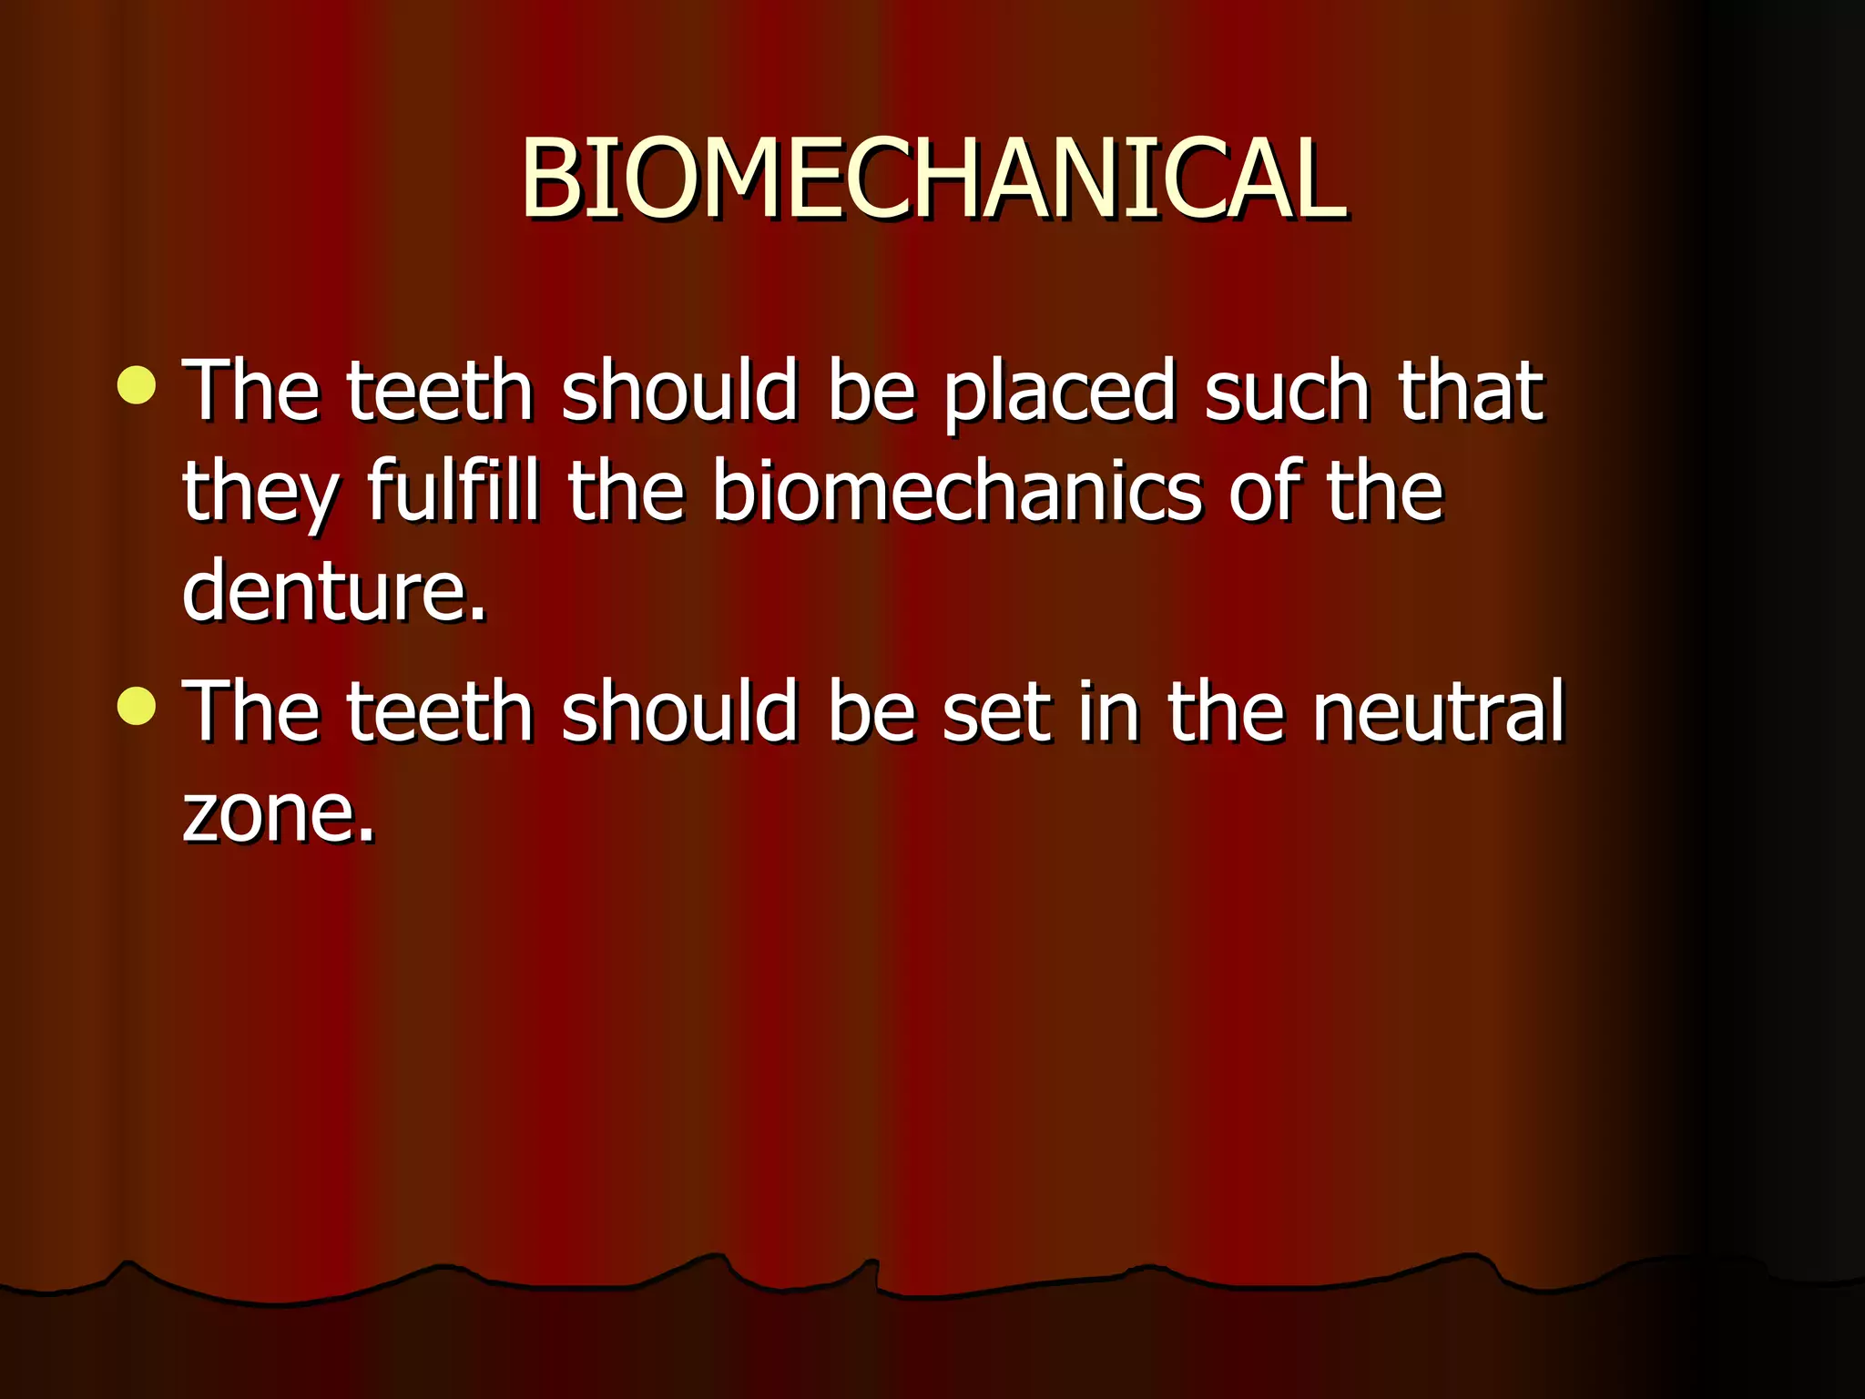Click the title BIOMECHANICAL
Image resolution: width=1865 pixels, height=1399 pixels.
tap(932, 179)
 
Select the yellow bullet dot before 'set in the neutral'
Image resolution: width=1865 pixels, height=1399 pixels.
tap(137, 707)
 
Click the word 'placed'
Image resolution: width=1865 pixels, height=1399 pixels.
tap(1059, 393)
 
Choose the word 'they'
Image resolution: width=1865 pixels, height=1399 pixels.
tap(260, 495)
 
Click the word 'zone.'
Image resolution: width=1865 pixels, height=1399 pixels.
tap(279, 812)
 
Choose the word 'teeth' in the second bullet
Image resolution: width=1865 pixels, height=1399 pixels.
tap(440, 712)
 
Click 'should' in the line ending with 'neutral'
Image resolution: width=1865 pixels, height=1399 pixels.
tap(679, 712)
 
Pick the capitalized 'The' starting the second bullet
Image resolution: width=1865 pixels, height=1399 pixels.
tap(251, 712)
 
